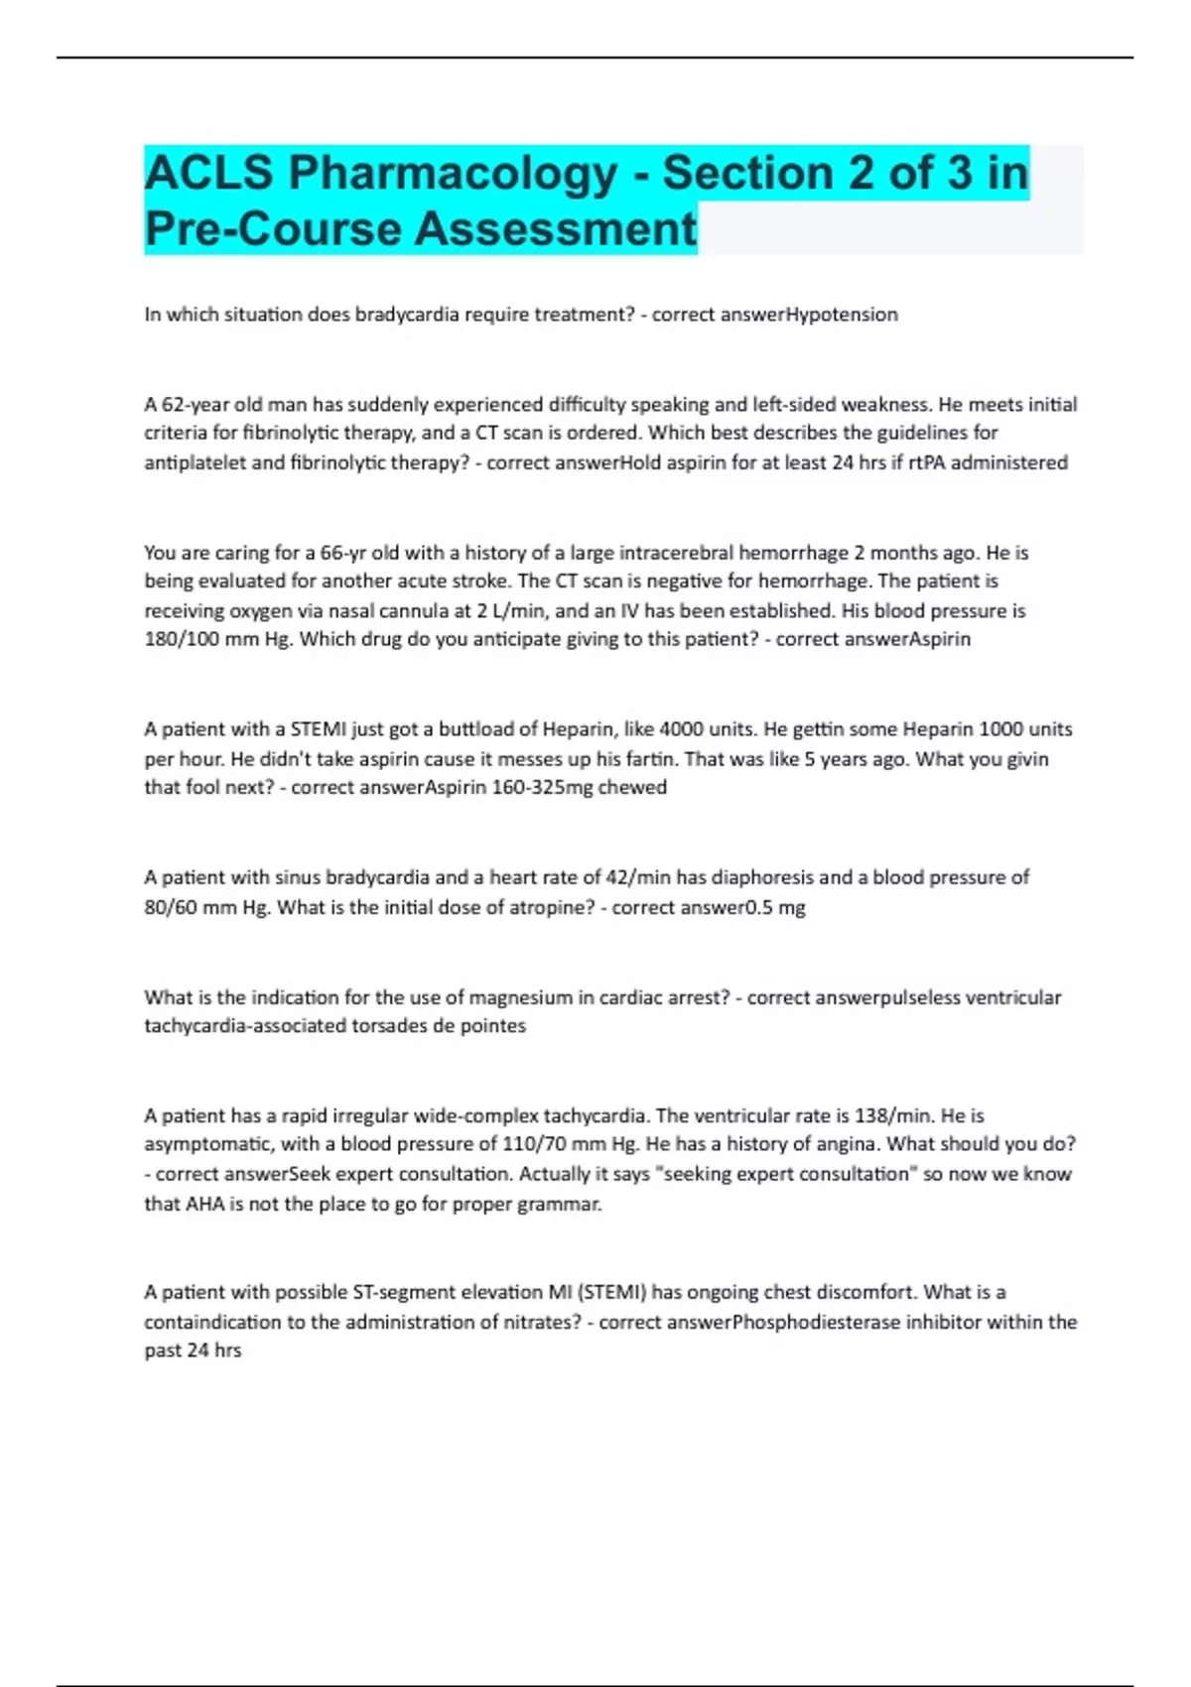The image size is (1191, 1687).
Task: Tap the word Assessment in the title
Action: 556,229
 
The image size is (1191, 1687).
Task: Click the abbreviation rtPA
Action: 927,462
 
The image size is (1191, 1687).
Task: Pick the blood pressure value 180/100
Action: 182,639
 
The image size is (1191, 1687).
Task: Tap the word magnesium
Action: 520,997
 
